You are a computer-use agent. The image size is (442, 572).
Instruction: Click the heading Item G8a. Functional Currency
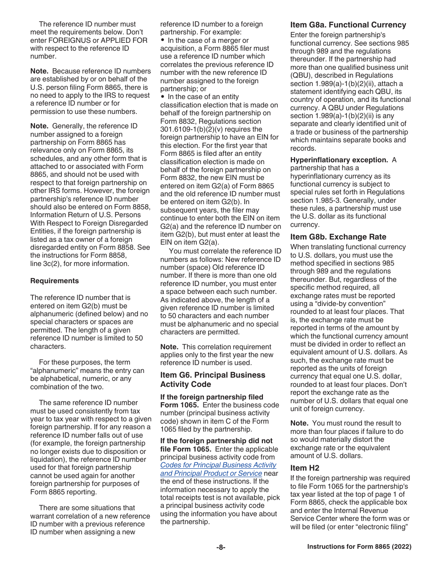click(x=348, y=25)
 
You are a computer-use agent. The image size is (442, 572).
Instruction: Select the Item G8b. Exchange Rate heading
click(x=338, y=237)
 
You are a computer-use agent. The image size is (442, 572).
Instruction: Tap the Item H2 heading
click(x=305, y=468)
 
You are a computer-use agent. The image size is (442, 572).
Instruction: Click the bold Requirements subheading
click(x=54, y=281)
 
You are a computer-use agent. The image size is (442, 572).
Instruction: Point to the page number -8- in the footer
click(x=221, y=547)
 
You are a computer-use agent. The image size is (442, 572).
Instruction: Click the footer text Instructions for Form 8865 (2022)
click(x=359, y=547)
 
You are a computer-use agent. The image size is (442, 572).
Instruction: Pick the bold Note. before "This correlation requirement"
click(x=169, y=347)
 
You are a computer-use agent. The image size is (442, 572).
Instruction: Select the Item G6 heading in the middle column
click(x=213, y=379)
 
